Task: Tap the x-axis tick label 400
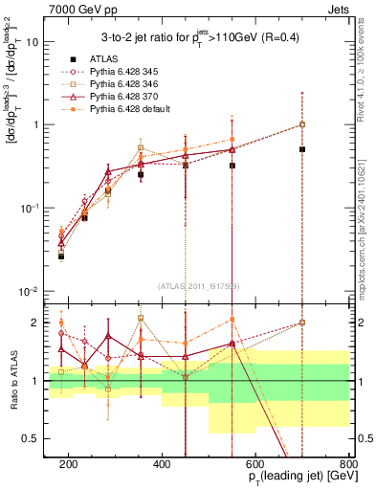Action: pos(162,464)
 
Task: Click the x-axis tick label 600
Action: pos(255,464)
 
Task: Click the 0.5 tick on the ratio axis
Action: pos(37,438)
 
